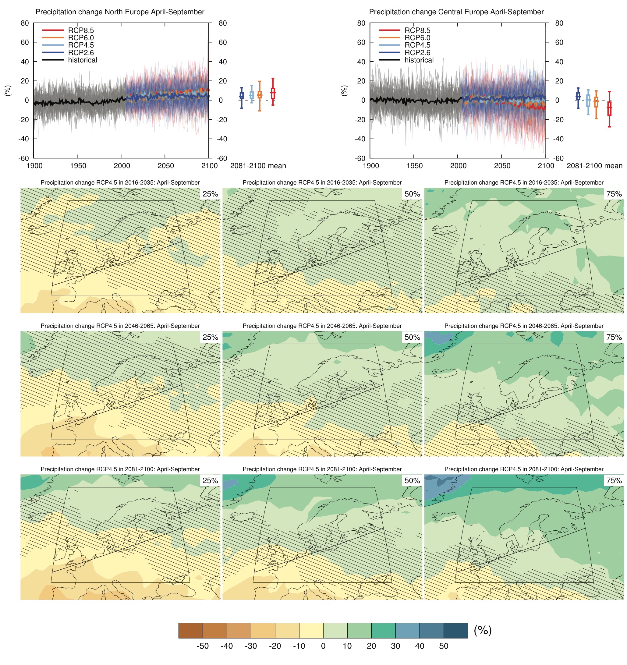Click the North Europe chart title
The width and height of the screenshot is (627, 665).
point(120,12)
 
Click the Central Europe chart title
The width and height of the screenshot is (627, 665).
point(456,12)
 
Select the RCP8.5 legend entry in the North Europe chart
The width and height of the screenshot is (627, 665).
point(81,30)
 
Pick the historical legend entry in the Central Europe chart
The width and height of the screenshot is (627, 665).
point(419,60)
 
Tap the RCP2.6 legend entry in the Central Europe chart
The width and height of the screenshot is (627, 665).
point(417,52)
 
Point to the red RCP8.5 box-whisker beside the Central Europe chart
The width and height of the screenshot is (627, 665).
point(609,109)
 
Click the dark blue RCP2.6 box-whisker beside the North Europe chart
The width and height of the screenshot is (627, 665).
point(242,96)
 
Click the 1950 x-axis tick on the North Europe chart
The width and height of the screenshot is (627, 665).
point(78,166)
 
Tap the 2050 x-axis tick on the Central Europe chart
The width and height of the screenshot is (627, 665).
point(502,166)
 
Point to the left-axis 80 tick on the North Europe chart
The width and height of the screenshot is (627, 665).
point(25,23)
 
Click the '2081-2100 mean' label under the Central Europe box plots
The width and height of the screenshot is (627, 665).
point(594,166)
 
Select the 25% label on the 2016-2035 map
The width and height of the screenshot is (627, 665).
point(210,194)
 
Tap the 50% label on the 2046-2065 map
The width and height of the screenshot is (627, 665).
point(412,337)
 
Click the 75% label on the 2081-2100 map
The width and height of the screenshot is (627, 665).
point(614,481)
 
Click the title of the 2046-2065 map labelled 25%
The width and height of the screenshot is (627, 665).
point(120,326)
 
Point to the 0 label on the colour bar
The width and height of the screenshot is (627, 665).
point(323,646)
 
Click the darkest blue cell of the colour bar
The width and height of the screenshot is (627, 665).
point(455,631)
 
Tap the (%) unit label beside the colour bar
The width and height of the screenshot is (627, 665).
point(483,630)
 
